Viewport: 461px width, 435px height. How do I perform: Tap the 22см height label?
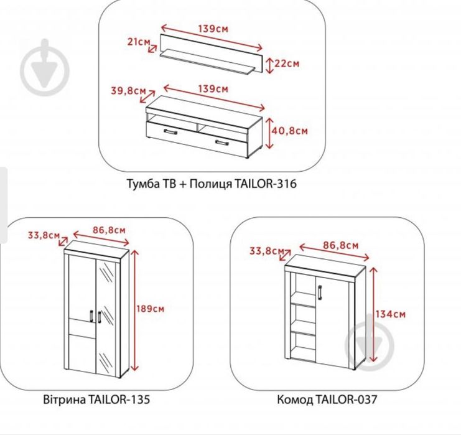tap(288, 63)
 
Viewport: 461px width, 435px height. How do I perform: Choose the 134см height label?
tap(391, 314)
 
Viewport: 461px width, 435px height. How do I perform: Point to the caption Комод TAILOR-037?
tap(327, 399)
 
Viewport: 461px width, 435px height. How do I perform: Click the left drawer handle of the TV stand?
tap(167, 132)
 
